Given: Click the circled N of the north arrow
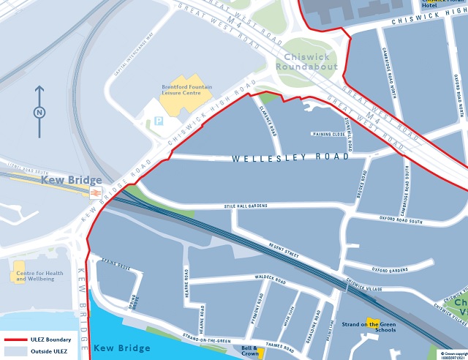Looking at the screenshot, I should (x=39, y=112).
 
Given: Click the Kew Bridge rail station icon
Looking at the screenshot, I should (x=95, y=192).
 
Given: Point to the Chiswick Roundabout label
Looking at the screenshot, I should (x=307, y=61).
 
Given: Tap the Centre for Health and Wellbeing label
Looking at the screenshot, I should (x=39, y=276).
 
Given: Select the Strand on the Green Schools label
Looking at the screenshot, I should (x=369, y=326).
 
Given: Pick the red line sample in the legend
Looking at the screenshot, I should (x=21, y=340).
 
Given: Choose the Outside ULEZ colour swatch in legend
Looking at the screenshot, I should (x=21, y=351).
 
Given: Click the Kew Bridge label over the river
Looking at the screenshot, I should (x=121, y=348).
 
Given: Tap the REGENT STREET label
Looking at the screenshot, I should (x=284, y=250).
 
